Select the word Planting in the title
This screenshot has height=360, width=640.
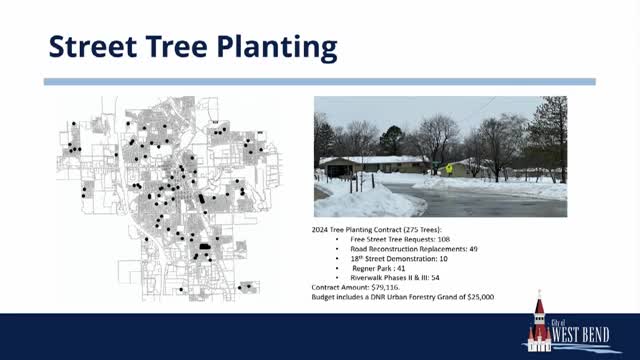tap(278, 47)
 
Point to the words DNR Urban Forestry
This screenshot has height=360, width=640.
tap(400, 296)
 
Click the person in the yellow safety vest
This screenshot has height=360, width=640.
tap(449, 169)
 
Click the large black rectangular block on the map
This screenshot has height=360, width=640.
tap(205, 244)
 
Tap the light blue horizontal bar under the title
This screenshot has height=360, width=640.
tap(320, 82)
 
